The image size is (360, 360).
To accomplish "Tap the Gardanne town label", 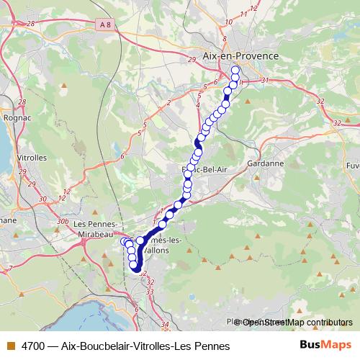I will [264, 163].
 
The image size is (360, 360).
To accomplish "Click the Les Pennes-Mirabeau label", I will [94, 228].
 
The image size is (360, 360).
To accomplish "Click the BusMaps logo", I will [325, 345].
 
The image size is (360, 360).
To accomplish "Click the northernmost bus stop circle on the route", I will [235, 71].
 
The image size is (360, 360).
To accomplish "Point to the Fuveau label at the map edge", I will [353, 165].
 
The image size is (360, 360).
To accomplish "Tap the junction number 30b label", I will [62, 221].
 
